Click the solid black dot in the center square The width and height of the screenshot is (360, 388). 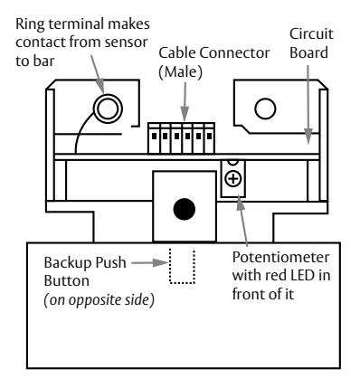[185, 209]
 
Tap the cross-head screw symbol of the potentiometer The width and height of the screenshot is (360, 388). [233, 179]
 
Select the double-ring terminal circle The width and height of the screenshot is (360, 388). [108, 109]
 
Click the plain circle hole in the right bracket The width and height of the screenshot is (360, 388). [265, 109]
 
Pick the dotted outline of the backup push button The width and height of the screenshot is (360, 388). [182, 283]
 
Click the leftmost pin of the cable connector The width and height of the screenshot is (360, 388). [154, 136]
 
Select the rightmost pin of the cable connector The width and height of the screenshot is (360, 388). [209, 136]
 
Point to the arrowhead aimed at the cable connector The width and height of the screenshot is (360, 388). [185, 114]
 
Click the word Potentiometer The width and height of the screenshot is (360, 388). [280, 257]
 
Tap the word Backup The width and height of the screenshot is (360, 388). [68, 262]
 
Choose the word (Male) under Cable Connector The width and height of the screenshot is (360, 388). [180, 71]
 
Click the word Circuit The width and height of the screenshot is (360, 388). [311, 34]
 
